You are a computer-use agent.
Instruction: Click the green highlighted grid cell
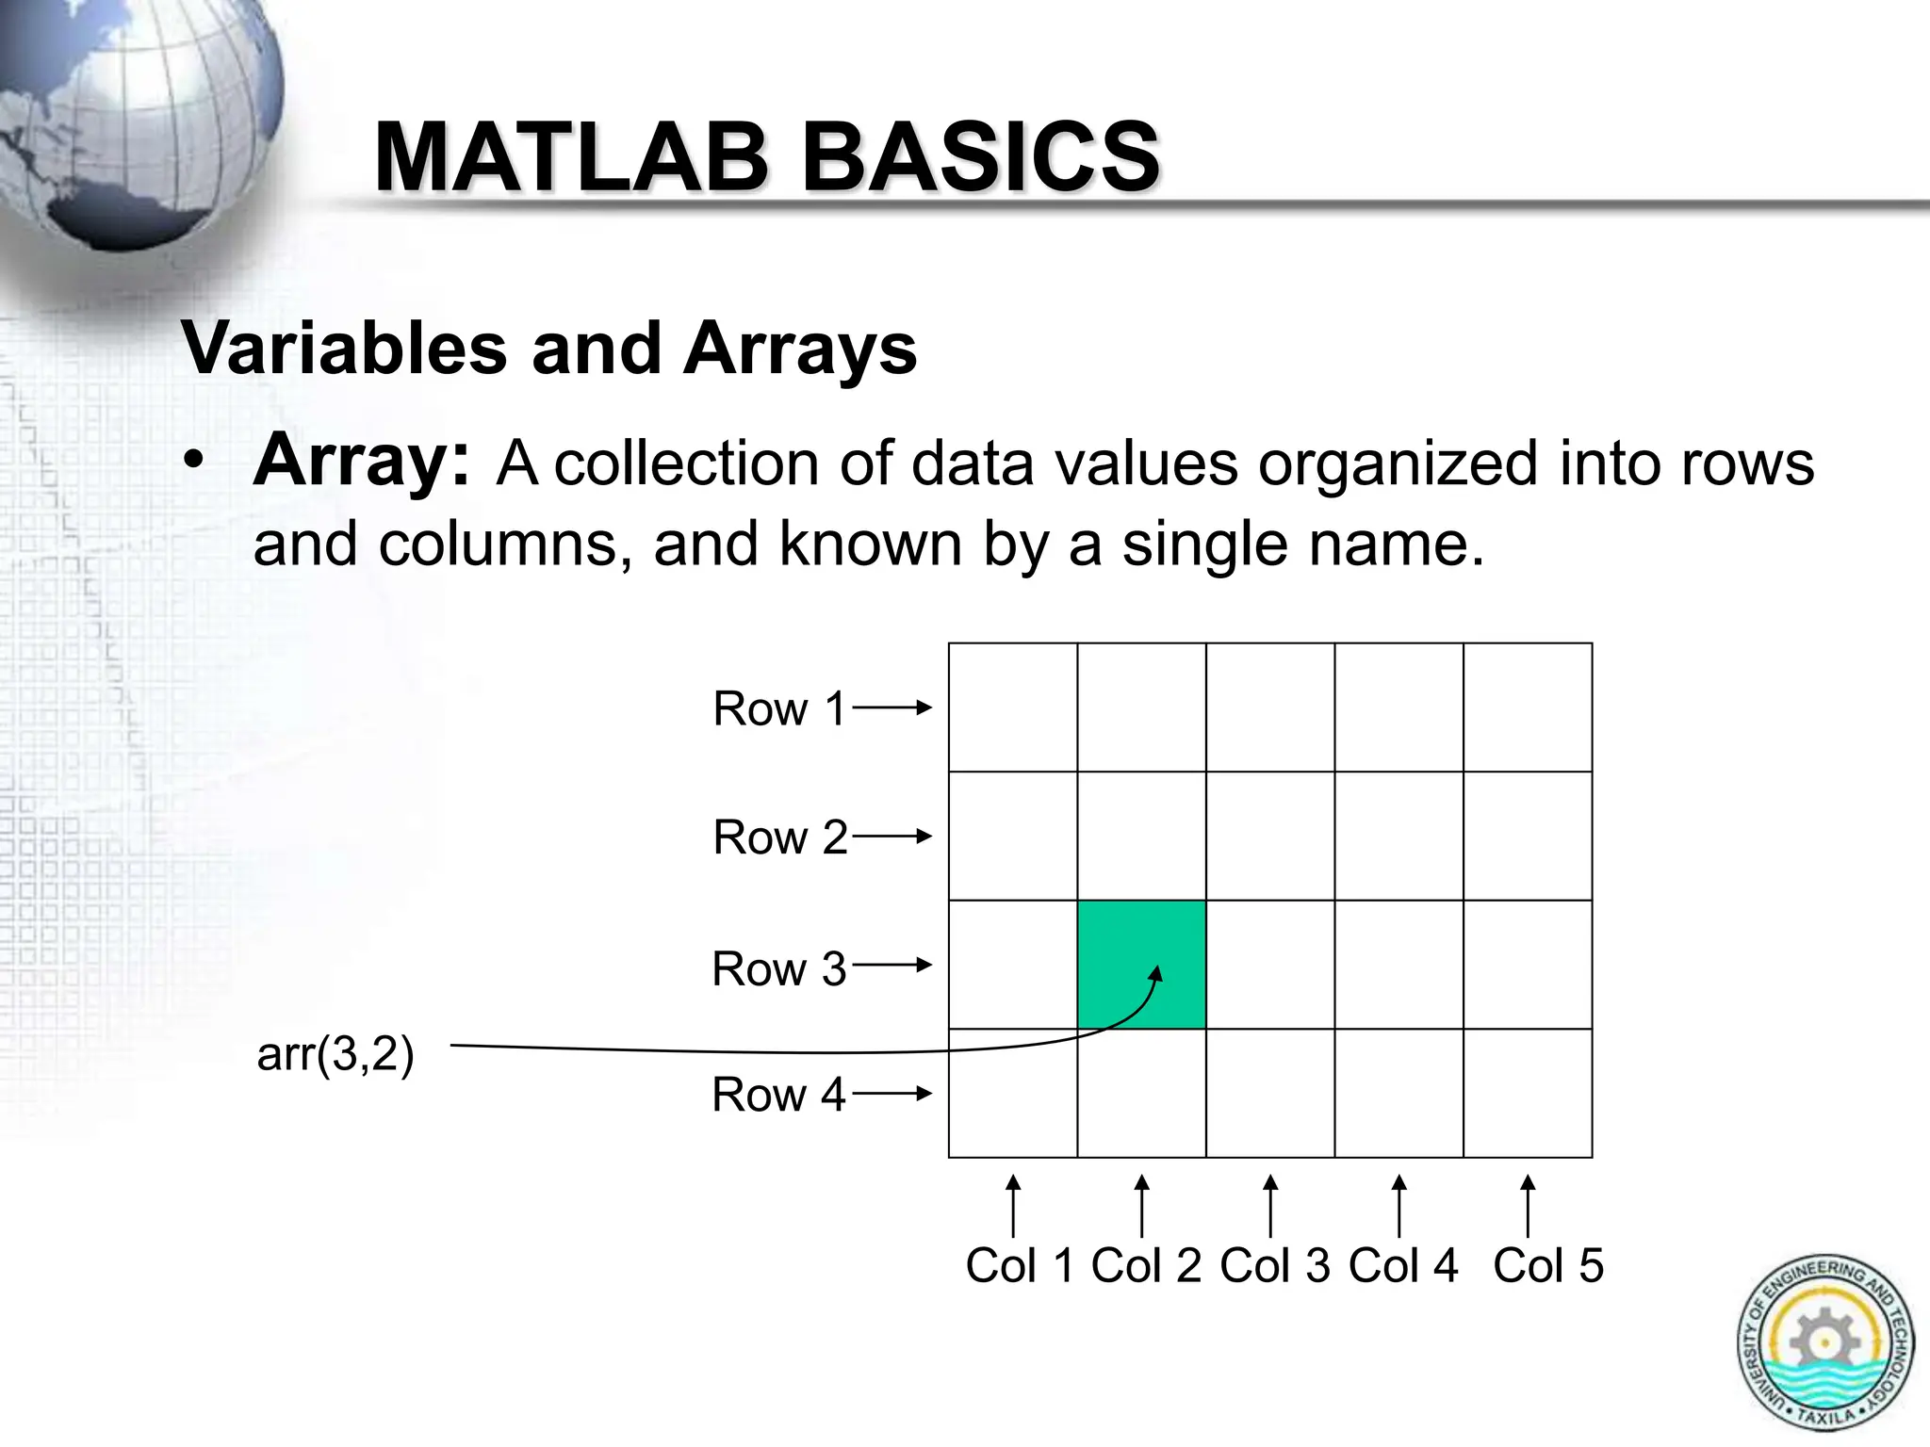click(1141, 964)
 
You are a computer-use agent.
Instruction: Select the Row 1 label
click(779, 708)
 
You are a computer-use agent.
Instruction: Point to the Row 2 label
click(780, 837)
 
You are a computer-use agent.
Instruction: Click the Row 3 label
click(779, 968)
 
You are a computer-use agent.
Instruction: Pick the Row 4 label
click(778, 1095)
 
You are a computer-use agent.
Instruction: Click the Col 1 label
click(1020, 1265)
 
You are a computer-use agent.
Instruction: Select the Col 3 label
click(1274, 1265)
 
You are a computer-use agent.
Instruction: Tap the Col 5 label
click(1547, 1265)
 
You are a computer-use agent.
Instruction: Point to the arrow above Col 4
click(1399, 1206)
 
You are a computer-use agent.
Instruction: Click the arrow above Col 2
click(1141, 1206)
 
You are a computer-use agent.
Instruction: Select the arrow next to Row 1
click(891, 707)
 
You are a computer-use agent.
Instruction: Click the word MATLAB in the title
click(571, 157)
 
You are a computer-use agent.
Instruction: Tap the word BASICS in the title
click(980, 157)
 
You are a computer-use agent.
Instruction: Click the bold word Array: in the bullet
click(361, 462)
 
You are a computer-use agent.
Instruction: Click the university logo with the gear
click(1824, 1342)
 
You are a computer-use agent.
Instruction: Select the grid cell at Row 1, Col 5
click(1528, 707)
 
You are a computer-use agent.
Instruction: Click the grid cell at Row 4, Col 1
click(1013, 1093)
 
